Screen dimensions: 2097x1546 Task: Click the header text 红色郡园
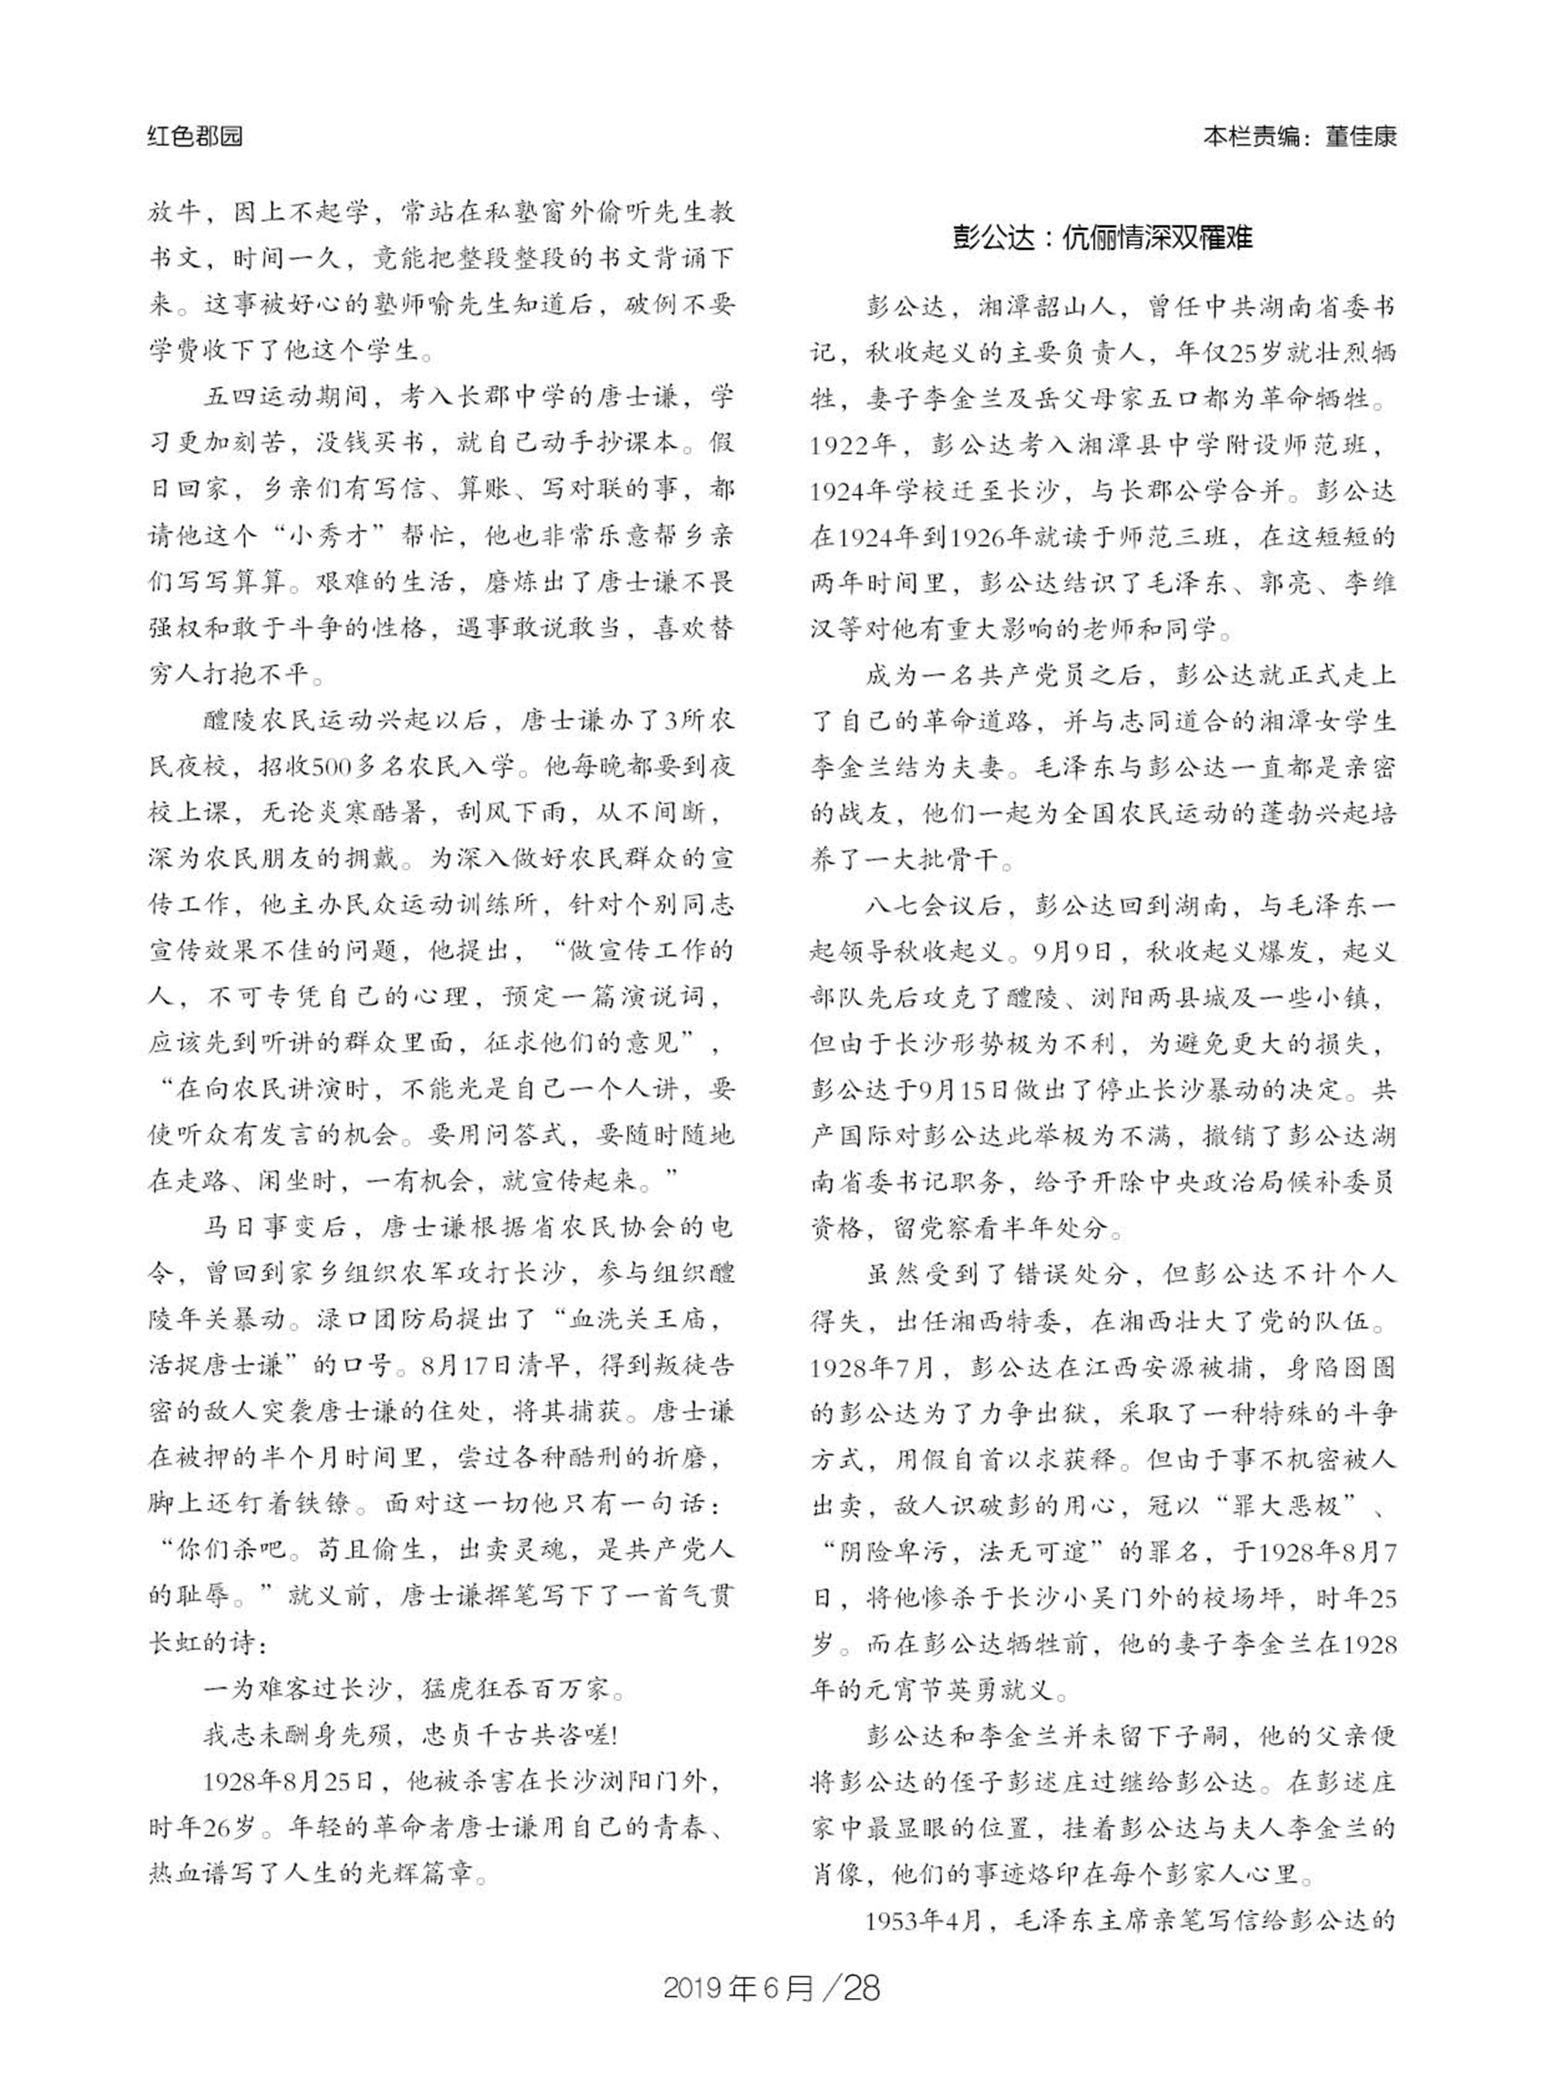coord(195,137)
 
